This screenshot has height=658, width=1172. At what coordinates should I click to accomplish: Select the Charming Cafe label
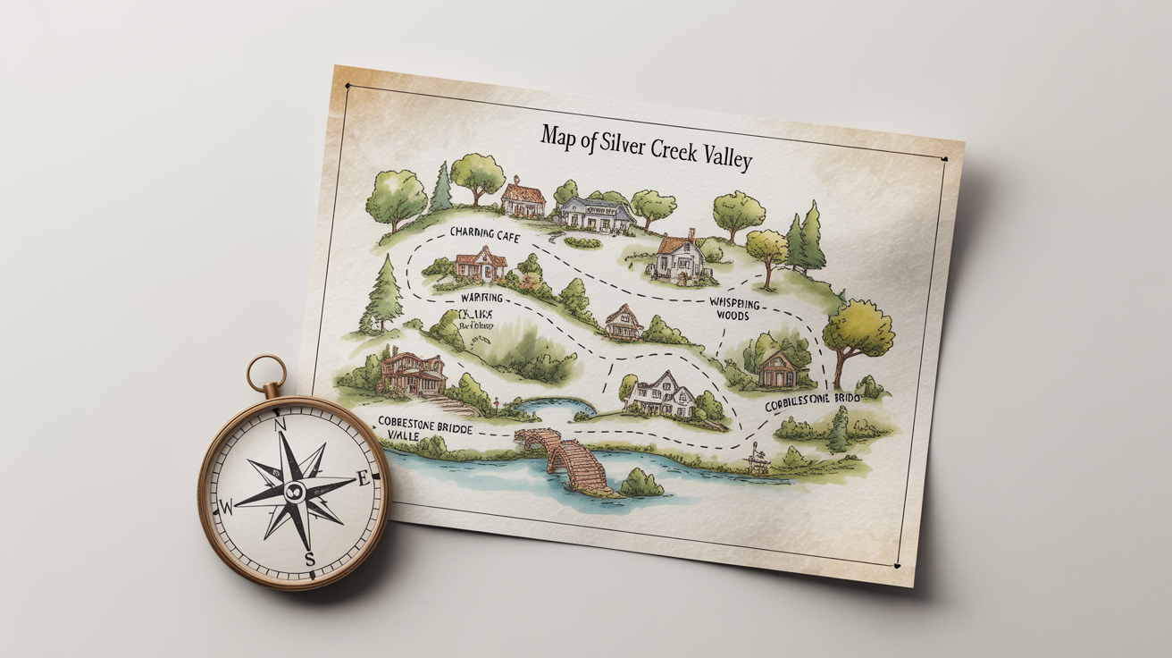[485, 233]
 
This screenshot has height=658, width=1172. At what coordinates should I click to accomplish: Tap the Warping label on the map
[482, 297]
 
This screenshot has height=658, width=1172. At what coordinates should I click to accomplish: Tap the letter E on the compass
[363, 479]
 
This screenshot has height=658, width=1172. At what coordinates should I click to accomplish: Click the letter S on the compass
[310, 560]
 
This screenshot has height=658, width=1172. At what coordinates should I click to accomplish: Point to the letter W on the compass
[226, 508]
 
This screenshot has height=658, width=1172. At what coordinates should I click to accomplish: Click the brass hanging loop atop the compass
[267, 373]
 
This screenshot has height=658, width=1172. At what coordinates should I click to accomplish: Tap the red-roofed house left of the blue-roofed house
[523, 198]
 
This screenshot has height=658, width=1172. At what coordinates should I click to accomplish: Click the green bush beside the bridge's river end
[641, 484]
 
